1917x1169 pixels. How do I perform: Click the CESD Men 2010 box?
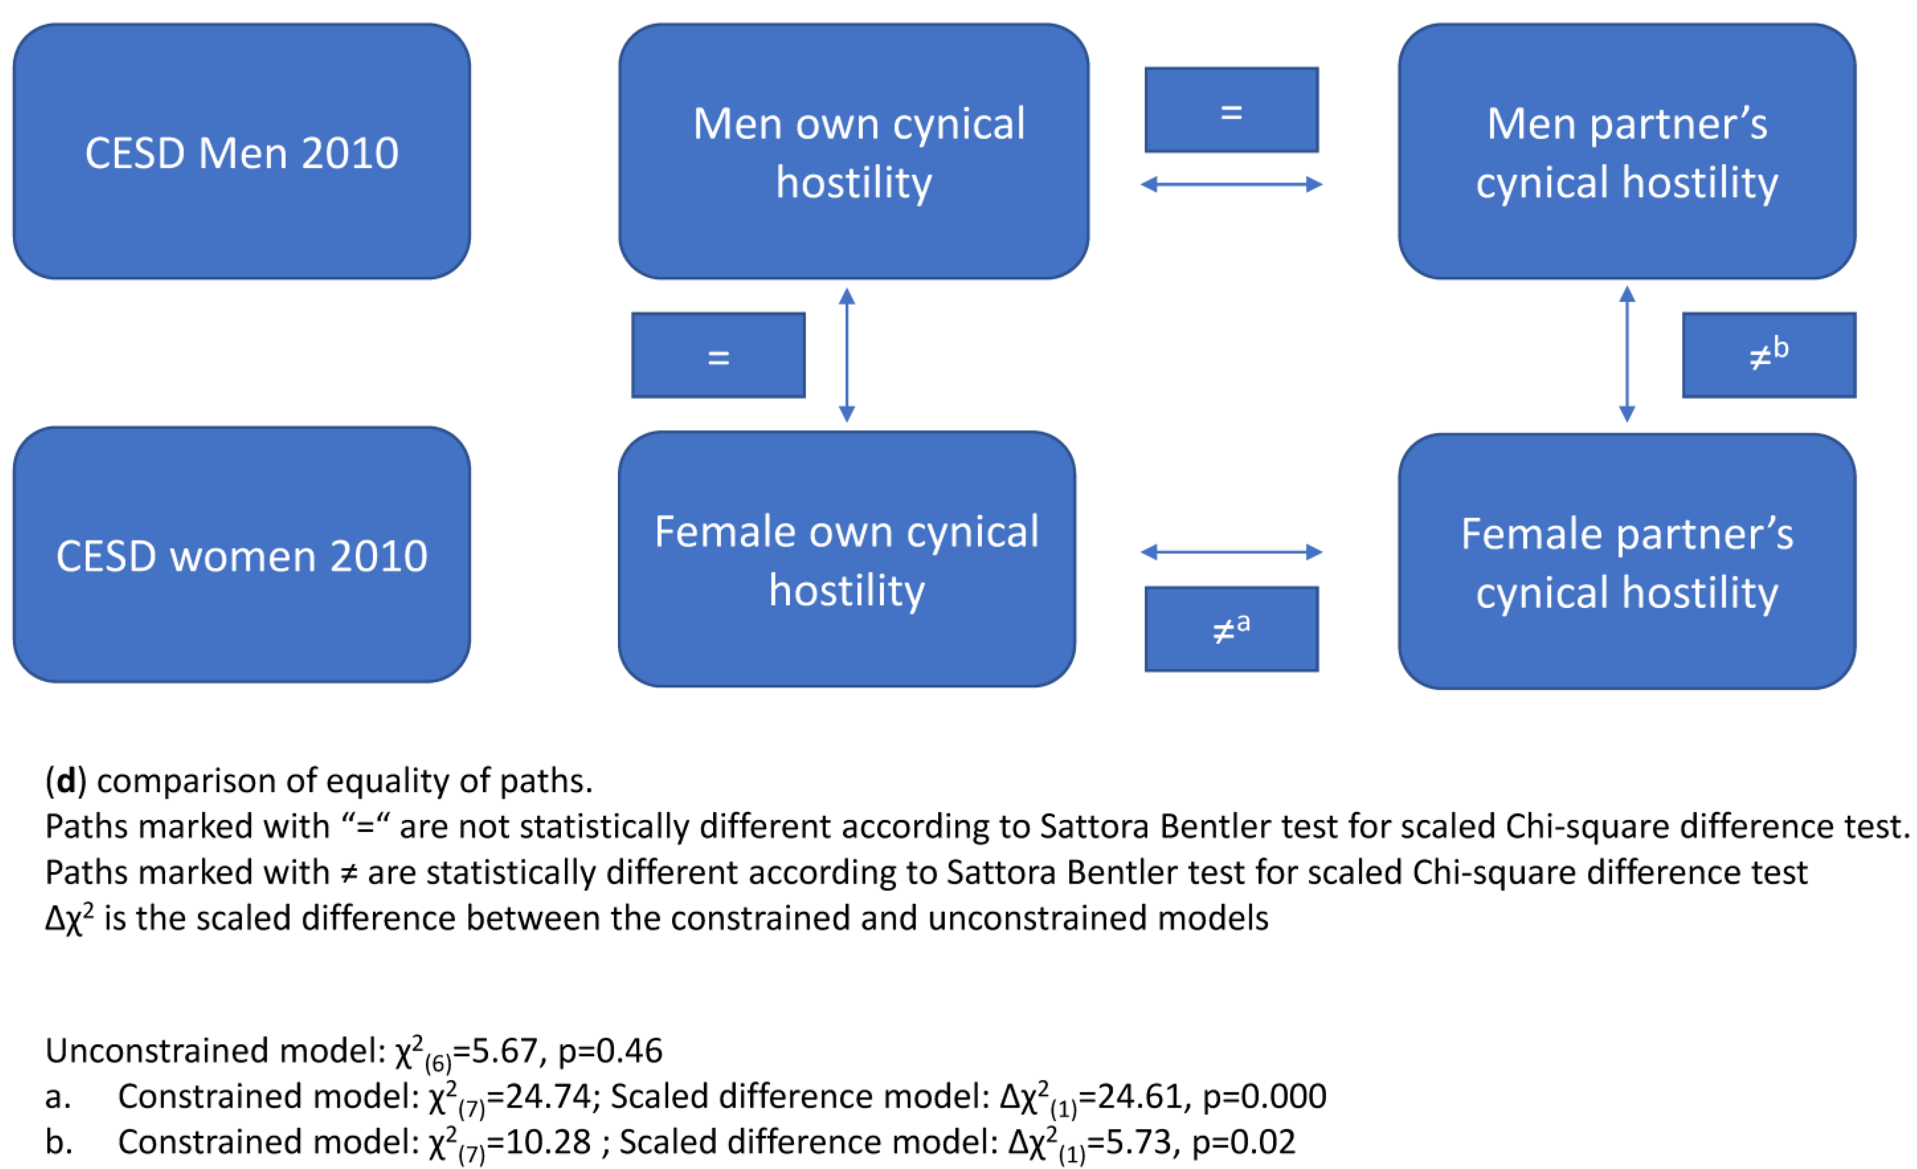(x=242, y=152)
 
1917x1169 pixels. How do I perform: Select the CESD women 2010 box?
(x=242, y=555)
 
